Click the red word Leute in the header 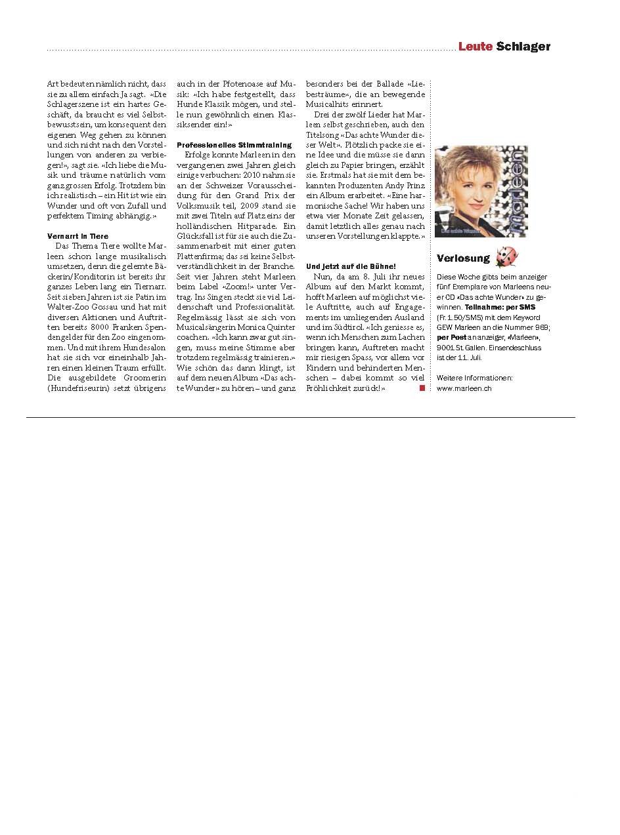coord(475,47)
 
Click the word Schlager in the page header coord(523,47)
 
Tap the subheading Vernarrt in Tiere coord(77,236)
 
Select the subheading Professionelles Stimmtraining coord(234,144)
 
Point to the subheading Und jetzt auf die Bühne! coord(351,266)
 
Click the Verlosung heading coord(463,258)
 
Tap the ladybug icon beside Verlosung coord(506,256)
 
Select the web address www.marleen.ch coord(464,388)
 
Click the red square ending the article coord(422,388)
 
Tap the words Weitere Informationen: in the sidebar coord(474,378)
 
